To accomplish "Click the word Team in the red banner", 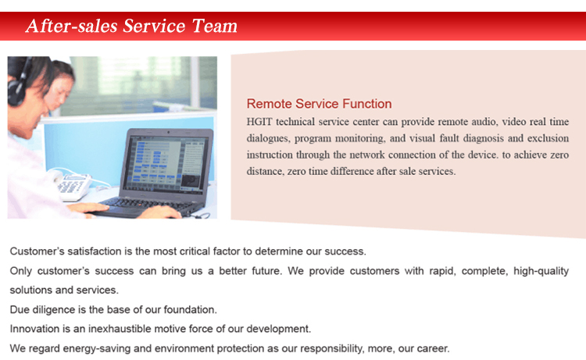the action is (215, 26).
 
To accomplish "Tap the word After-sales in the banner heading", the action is (71, 26).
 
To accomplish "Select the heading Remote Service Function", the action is (319, 103).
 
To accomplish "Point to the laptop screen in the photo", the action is (167, 163).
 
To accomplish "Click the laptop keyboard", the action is (149, 205).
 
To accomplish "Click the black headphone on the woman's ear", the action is (17, 86).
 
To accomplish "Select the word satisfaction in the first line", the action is (95, 251).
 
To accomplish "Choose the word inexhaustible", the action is (120, 329).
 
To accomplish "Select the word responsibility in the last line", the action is (332, 348).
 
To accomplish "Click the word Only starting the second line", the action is (21, 271).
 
